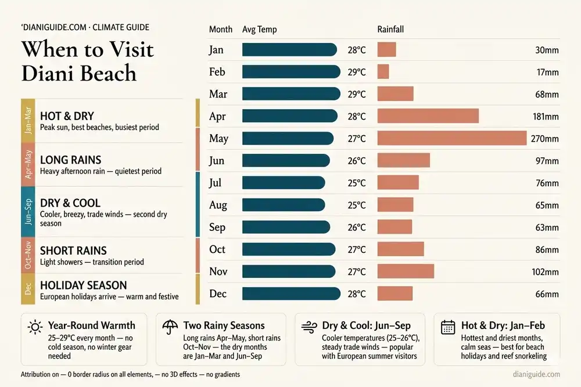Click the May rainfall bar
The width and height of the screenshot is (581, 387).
(x=451, y=138)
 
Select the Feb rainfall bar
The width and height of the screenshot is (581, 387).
(x=383, y=72)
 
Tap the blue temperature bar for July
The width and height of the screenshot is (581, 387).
(x=284, y=183)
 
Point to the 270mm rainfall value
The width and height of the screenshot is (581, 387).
(x=545, y=139)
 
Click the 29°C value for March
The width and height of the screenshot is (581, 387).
(x=357, y=95)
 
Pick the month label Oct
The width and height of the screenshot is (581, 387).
(x=217, y=249)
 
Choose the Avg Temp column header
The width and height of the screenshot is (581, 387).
(x=259, y=30)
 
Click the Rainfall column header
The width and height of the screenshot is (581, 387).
(x=390, y=29)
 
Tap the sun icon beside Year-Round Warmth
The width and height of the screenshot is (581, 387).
(x=35, y=327)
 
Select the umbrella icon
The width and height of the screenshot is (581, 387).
(x=170, y=327)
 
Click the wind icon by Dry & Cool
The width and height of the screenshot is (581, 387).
(x=309, y=327)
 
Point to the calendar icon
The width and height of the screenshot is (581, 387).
(x=448, y=327)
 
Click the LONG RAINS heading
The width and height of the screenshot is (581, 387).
(x=70, y=160)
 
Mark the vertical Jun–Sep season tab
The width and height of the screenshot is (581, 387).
(x=28, y=212)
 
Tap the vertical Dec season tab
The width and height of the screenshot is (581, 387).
(x=28, y=289)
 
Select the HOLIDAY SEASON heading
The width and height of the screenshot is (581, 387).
(x=83, y=285)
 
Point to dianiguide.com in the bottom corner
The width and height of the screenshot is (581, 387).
(x=536, y=374)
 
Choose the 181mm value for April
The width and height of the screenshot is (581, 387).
(x=546, y=117)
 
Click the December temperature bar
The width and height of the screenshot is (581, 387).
(x=291, y=294)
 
